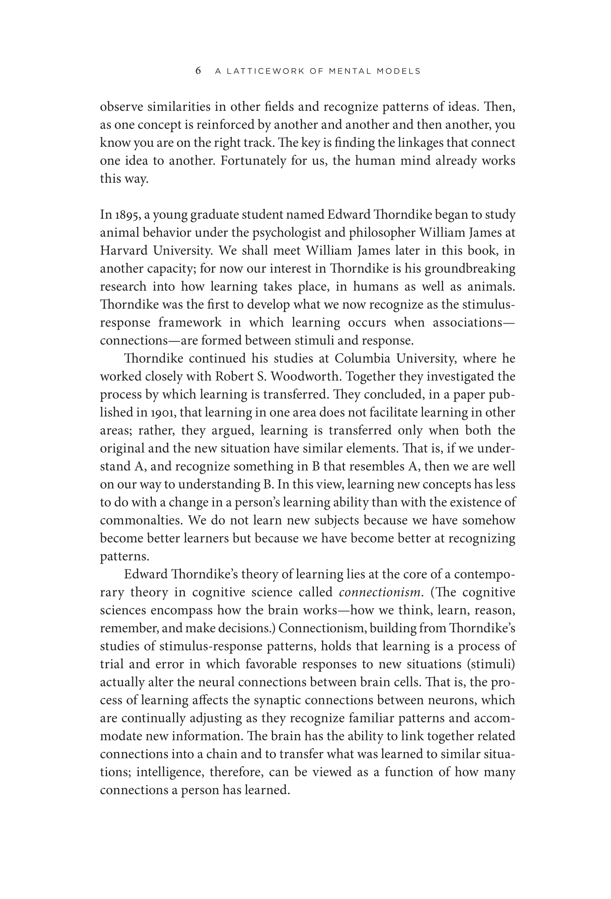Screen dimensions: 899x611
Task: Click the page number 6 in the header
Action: (x=198, y=71)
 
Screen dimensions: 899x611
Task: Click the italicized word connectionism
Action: (x=379, y=592)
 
